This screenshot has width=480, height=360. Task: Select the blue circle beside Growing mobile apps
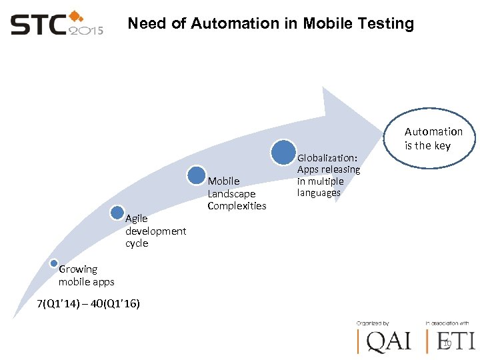(53, 263)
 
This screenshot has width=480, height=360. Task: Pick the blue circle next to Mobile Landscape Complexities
(197, 175)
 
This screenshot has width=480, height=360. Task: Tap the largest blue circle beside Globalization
(283, 152)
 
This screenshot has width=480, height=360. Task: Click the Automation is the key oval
(433, 139)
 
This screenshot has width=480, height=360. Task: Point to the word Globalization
(327, 158)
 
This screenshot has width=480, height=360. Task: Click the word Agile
(137, 219)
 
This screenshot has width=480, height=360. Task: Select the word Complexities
(237, 205)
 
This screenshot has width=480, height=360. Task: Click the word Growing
(78, 269)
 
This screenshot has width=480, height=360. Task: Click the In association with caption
(447, 323)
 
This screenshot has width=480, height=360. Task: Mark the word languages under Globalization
(319, 193)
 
